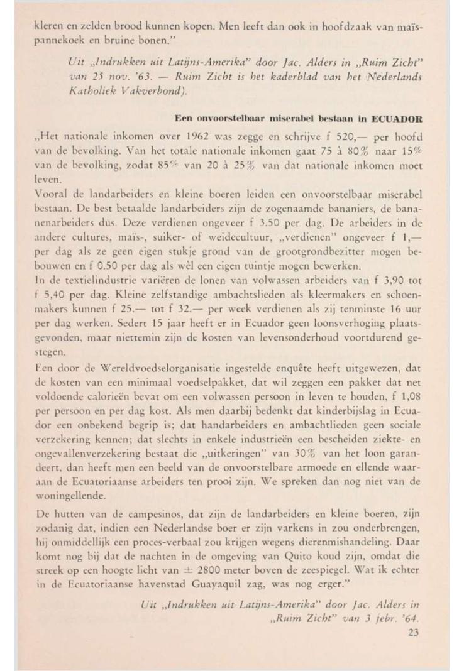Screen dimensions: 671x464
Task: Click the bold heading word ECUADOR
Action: pos(398,117)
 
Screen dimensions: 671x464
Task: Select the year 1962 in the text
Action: pos(170,135)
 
